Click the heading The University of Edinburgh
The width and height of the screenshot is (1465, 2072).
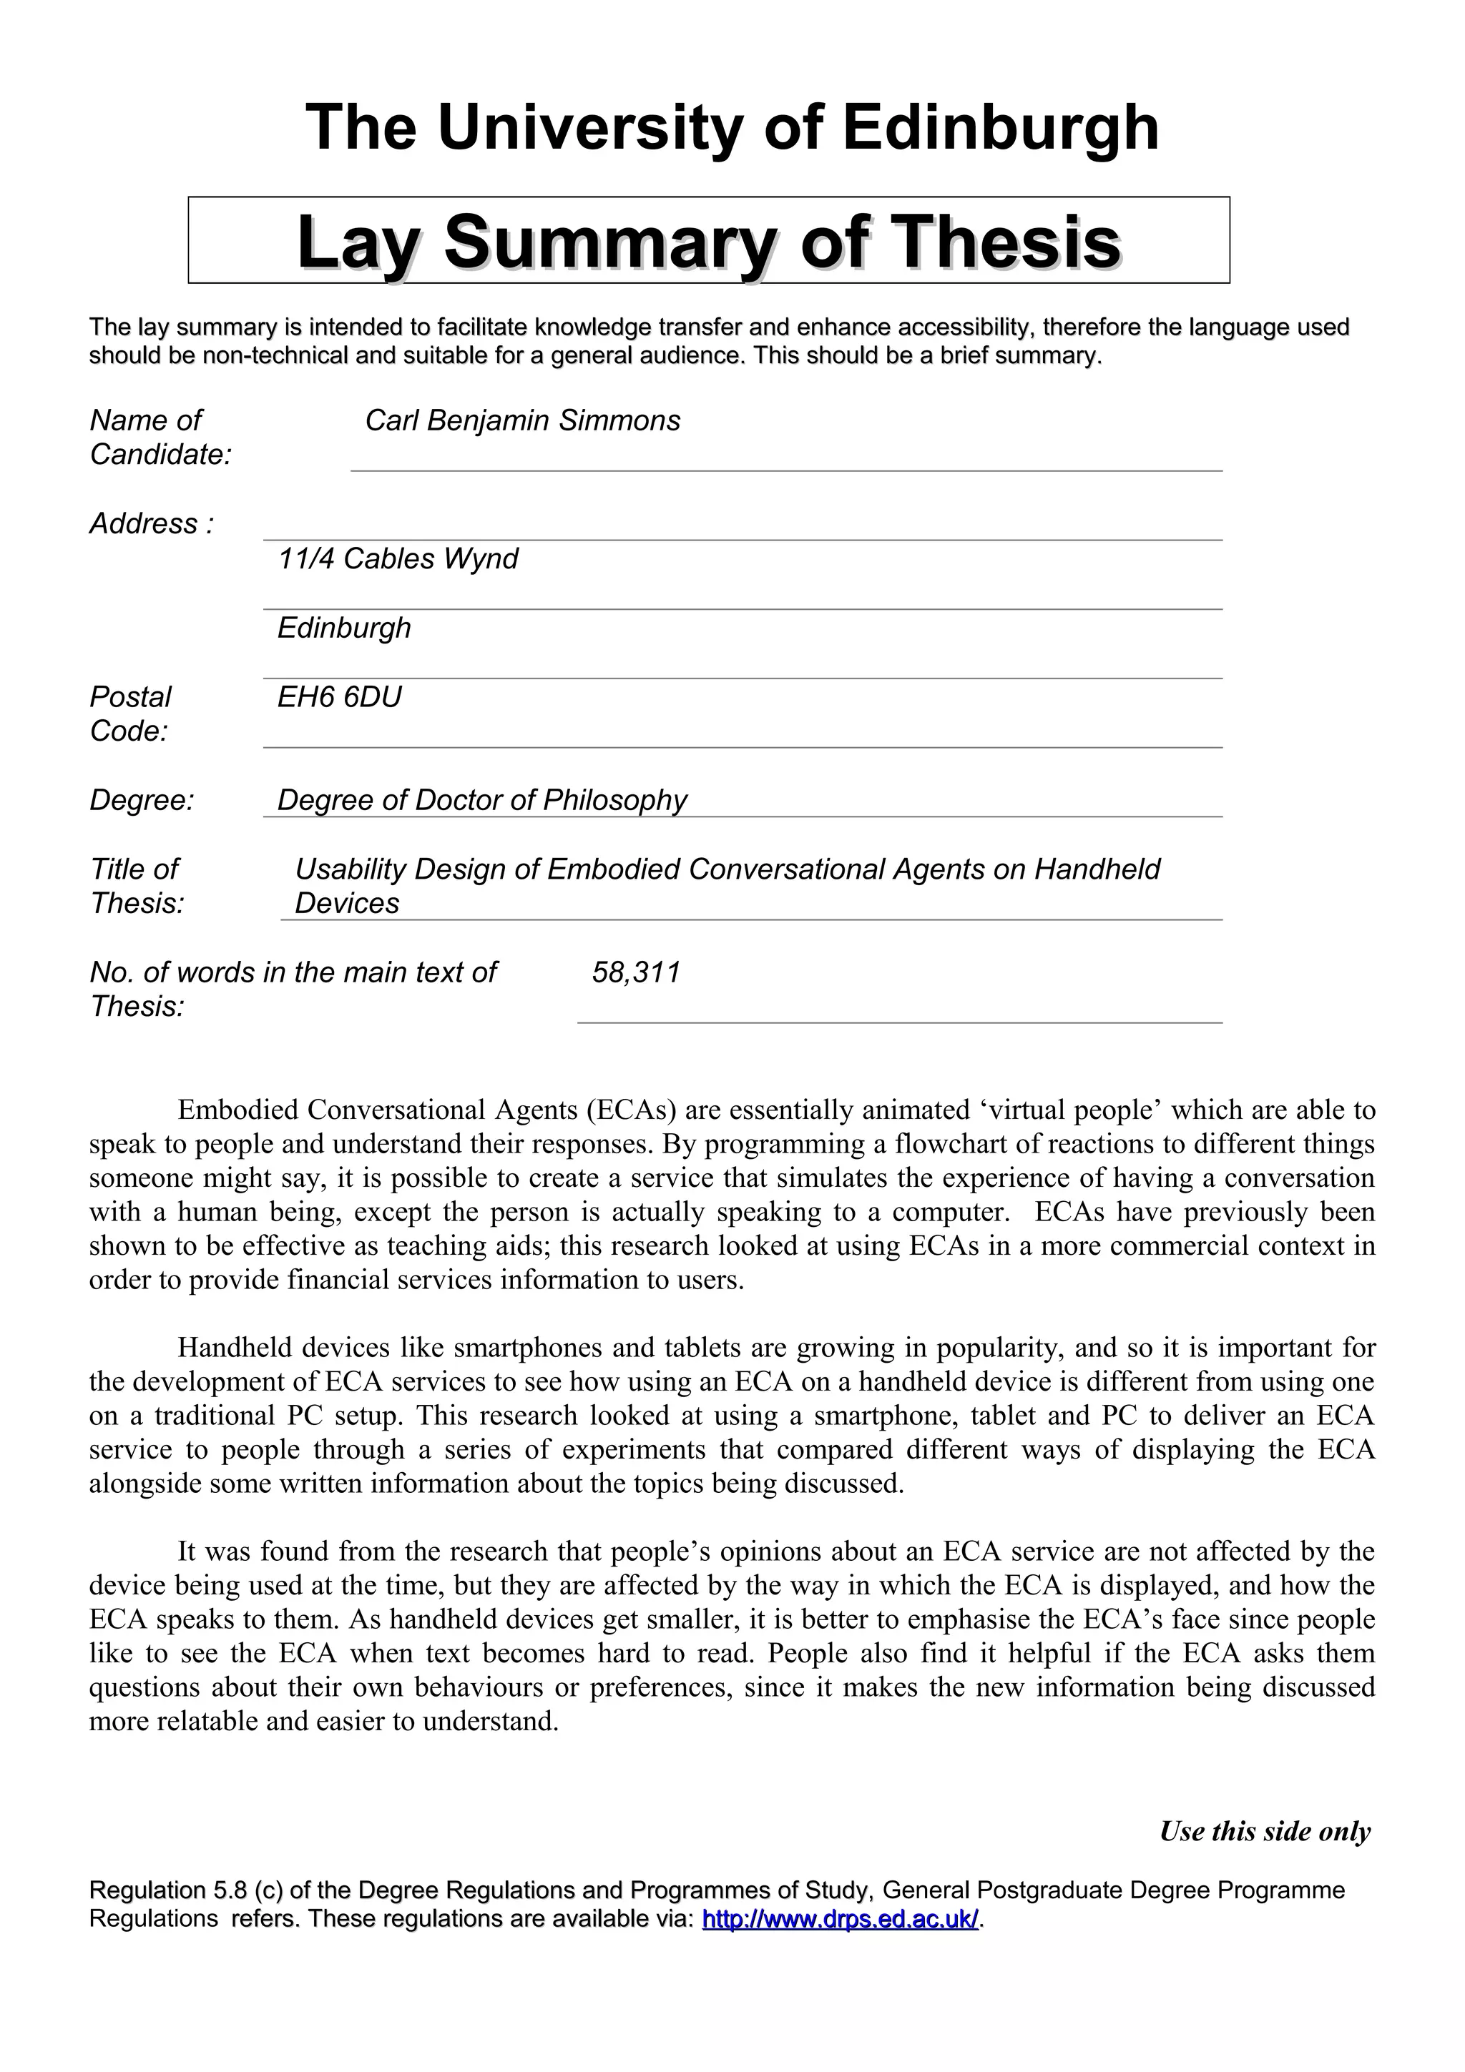(732, 127)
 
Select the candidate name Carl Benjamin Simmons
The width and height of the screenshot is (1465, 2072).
(521, 420)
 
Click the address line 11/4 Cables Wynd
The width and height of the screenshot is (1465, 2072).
(398, 558)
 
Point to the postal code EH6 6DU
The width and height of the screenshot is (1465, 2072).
(339, 696)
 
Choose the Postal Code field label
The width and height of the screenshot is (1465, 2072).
(130, 713)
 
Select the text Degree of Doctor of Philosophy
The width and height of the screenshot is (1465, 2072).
(481, 799)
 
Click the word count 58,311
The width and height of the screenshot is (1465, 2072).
(635, 972)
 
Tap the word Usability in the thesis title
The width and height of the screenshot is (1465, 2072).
(351, 869)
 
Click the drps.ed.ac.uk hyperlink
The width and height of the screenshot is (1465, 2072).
(840, 1918)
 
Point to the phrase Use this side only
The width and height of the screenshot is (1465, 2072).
(1265, 1831)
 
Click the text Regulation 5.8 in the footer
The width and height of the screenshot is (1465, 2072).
(169, 1890)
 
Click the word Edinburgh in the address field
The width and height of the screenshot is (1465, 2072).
(344, 628)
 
